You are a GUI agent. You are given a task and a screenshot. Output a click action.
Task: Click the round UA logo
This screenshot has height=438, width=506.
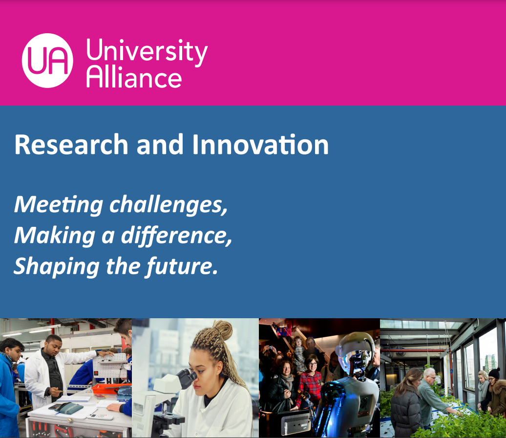47,61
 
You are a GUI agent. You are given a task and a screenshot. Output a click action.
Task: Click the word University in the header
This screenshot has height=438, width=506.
147,51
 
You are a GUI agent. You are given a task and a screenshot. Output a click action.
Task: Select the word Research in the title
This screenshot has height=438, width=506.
71,144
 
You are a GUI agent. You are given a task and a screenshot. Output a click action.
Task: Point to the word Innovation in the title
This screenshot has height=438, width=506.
260,144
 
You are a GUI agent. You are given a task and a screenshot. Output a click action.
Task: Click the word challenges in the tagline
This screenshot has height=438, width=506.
168,205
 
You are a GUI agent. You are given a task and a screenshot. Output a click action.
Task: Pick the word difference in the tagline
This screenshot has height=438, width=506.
176,236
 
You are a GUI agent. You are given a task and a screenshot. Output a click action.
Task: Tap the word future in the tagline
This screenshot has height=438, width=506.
182,266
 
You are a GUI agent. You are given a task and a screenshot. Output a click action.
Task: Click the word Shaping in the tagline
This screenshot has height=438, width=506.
56,266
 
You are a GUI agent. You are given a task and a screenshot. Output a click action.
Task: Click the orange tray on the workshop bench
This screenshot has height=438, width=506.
111,388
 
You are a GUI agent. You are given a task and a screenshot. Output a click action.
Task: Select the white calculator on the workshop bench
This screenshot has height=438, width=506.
100,416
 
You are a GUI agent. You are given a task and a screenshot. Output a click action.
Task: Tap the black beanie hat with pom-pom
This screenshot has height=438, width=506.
494,373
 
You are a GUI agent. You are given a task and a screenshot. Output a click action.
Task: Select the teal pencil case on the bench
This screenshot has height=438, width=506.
69,408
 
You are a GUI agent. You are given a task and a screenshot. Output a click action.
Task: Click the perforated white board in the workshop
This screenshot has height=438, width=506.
110,366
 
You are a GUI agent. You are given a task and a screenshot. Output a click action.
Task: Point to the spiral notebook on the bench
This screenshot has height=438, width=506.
74,399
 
